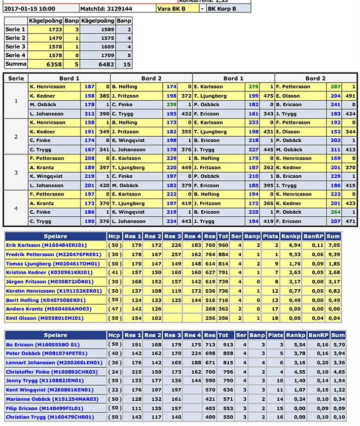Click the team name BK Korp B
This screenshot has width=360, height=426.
(x=221, y=9)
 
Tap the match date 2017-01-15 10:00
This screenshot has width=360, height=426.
(x=30, y=9)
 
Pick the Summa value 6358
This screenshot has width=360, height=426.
(x=53, y=64)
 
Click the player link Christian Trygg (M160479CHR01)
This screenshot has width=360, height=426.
(x=49, y=417)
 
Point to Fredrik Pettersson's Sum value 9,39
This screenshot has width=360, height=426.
(x=338, y=255)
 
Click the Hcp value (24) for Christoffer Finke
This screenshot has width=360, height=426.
(x=114, y=372)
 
